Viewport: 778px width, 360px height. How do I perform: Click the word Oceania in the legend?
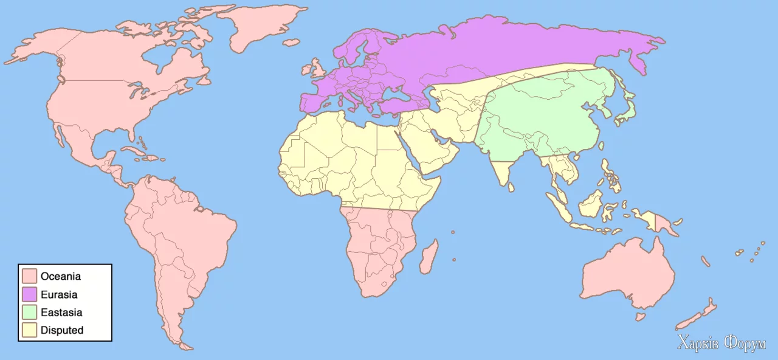(x=61, y=276)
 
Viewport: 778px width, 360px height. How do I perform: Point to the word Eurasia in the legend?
(x=59, y=294)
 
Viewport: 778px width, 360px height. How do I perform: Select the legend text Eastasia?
(x=61, y=313)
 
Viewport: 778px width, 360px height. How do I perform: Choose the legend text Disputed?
(x=62, y=331)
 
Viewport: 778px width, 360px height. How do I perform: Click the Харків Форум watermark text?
(x=721, y=344)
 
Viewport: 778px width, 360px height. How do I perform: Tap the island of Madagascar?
(x=429, y=257)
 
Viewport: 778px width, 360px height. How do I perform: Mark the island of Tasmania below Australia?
(x=639, y=317)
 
